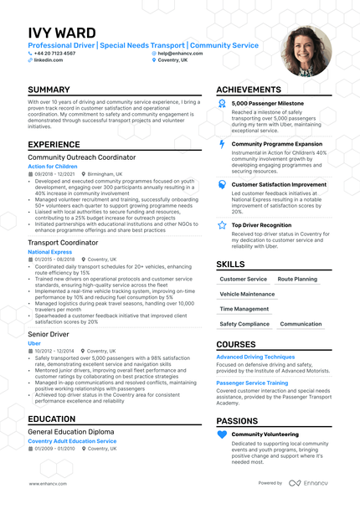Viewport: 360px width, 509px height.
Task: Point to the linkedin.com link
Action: click(49, 60)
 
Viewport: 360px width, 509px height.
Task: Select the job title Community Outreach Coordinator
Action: click(81, 157)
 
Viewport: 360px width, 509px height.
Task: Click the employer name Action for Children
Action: click(52, 166)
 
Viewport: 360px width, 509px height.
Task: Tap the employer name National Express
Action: click(49, 251)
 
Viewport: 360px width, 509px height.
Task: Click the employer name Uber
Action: click(33, 342)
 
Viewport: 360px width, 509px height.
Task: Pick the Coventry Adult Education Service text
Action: click(72, 440)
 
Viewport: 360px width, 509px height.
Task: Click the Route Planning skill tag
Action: click(297, 279)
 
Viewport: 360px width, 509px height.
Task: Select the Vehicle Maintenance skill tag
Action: click(247, 294)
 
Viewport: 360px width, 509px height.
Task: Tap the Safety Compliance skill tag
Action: click(244, 324)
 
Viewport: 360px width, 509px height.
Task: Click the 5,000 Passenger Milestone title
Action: click(268, 103)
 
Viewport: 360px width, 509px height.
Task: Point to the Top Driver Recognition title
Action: click(262, 225)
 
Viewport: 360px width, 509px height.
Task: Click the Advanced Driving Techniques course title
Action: click(255, 357)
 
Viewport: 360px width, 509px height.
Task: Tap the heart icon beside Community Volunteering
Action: click(222, 434)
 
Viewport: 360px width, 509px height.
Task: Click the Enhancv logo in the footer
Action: click(308, 483)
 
